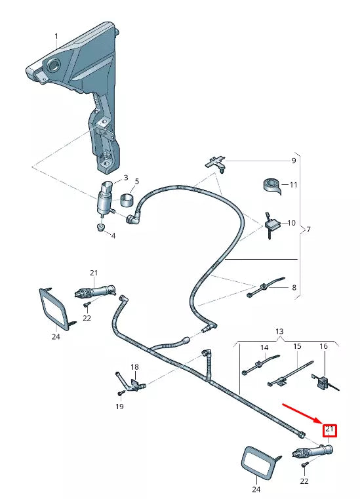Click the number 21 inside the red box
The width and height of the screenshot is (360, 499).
(330, 430)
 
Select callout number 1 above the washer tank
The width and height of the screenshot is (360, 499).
(56, 36)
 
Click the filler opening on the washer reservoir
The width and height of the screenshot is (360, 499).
(51, 65)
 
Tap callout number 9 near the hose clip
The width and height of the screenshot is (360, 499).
(293, 161)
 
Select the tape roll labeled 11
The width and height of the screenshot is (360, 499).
(269, 185)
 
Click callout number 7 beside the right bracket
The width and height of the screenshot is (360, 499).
(308, 230)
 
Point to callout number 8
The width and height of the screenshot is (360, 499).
(293, 287)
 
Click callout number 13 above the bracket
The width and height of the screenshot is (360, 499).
(280, 332)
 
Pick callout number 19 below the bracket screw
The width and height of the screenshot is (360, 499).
(119, 407)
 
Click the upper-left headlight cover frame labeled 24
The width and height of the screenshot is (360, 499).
(55, 309)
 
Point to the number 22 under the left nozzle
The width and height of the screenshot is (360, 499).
(87, 317)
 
